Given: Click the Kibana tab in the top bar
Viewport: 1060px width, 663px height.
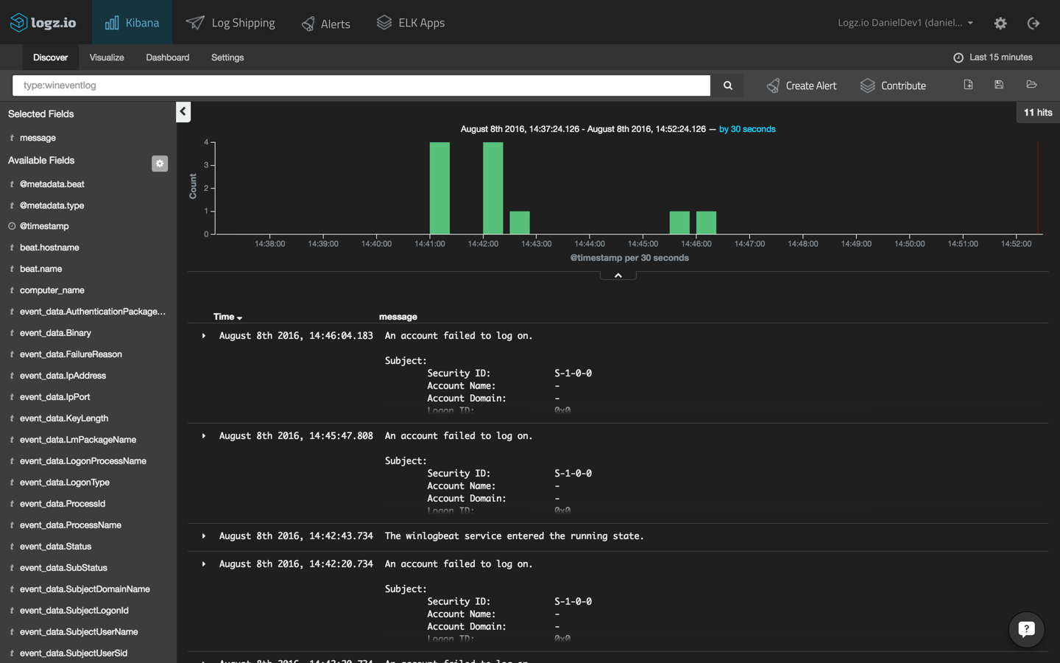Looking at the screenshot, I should pos(132,23).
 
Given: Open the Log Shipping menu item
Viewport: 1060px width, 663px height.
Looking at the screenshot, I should pos(230,23).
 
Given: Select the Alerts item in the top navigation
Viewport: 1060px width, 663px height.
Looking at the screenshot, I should pos(326,24).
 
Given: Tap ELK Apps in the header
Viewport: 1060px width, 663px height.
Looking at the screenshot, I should pos(411,23).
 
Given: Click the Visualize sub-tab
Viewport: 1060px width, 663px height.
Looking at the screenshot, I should pos(107,57).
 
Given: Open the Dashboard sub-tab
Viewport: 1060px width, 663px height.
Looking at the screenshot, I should pos(167,57).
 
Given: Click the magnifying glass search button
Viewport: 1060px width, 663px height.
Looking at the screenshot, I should pos(727,85).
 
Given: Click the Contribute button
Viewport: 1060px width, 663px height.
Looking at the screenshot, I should pos(893,85).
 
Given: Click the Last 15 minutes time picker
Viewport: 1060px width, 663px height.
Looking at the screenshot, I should pos(993,57).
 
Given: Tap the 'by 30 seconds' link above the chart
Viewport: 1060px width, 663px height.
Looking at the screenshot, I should pos(747,129).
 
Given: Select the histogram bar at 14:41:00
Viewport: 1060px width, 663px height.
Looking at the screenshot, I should pos(439,188).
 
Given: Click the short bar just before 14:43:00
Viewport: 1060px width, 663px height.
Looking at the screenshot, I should pos(520,222).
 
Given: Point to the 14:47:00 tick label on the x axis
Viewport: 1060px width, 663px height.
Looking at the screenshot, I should pos(749,244).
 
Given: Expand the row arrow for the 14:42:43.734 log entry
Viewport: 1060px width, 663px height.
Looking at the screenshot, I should pos(204,536).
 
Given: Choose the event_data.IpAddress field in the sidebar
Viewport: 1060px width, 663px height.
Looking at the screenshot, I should pos(63,376).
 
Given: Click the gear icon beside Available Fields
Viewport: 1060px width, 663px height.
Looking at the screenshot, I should pos(160,164).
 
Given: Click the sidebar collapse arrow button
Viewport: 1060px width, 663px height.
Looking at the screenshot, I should pos(183,111).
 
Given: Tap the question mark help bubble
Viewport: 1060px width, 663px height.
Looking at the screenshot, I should pos(1026,629).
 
